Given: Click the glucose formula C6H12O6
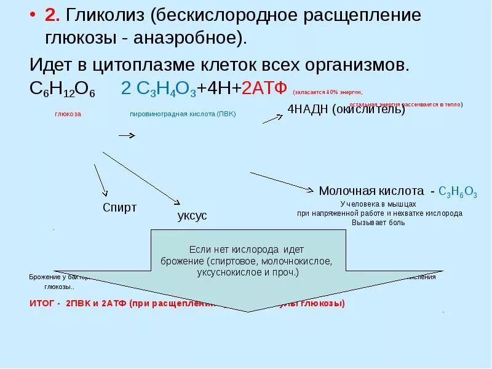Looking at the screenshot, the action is [x=61, y=89].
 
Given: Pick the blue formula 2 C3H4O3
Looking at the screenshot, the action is [x=158, y=89].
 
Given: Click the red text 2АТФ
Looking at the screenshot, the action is [x=264, y=88].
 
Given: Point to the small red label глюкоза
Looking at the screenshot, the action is [x=68, y=114].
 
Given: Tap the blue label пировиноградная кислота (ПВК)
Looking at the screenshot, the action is [x=183, y=114].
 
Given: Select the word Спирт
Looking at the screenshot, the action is [x=119, y=207].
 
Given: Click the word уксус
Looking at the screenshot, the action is [x=192, y=216].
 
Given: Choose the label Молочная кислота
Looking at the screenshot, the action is [x=371, y=191].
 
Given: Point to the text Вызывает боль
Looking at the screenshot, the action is [x=378, y=223].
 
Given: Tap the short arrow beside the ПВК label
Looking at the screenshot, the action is [x=127, y=135].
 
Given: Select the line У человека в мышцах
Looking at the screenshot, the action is [x=378, y=204].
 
